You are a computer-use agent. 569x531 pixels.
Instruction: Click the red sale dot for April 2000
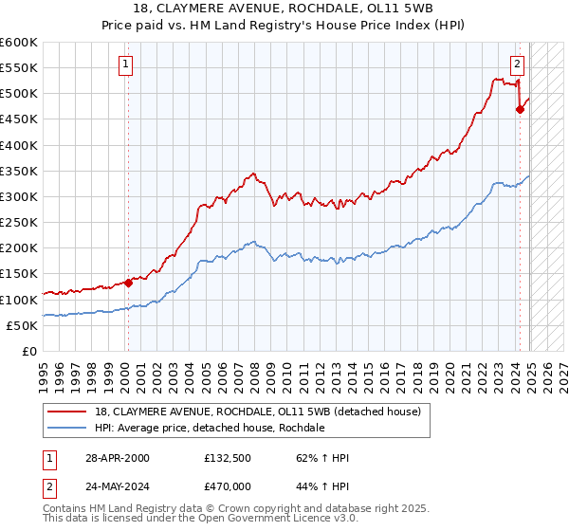point(127,283)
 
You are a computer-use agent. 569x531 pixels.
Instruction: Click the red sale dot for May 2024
point(520,109)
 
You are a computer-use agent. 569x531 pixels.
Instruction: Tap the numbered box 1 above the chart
point(126,64)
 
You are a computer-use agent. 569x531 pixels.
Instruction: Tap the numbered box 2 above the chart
point(517,64)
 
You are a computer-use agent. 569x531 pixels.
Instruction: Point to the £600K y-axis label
point(19,43)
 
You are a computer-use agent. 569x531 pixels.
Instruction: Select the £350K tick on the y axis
point(19,171)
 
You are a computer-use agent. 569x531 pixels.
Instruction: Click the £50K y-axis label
point(23,325)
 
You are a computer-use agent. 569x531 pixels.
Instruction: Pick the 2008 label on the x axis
point(254,372)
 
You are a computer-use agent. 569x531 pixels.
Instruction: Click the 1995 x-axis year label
point(44,372)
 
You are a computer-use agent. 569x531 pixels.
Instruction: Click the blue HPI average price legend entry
point(209,428)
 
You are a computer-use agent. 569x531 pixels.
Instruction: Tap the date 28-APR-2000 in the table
point(113,458)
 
